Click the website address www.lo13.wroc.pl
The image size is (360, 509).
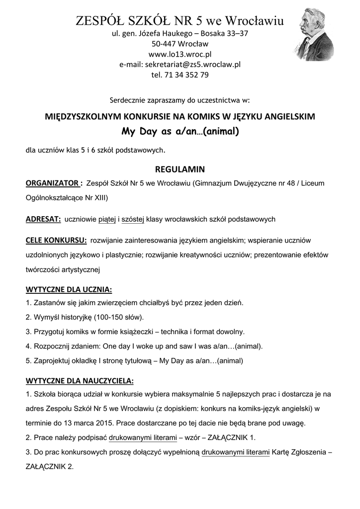coord(180,54)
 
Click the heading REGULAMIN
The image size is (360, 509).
coord(180,169)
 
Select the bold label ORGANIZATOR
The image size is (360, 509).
coord(53,183)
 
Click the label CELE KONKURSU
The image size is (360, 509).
coord(56,241)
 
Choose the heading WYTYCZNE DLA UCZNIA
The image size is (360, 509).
coord(69,289)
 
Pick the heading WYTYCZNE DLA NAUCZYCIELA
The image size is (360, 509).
coord(80,381)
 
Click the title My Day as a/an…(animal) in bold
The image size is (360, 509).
coord(180,132)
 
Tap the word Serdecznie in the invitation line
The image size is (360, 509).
coord(130,100)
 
